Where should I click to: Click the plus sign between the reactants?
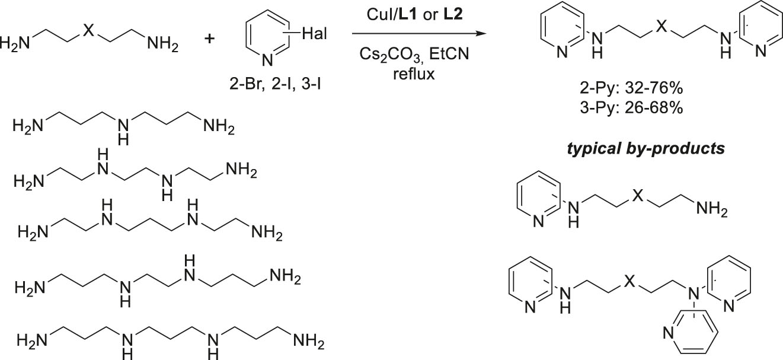pos(209,38)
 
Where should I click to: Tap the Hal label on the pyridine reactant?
pos(315,34)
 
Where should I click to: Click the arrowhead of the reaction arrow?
pos(482,34)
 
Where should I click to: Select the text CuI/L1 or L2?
pos(414,14)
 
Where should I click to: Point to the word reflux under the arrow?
pos(414,74)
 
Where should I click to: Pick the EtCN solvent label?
pos(449,54)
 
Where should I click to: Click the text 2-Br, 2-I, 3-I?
pos(275,84)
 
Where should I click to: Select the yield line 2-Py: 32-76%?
pos(631,88)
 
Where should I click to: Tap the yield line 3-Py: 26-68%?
pos(631,108)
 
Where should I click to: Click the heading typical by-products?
pos(646,148)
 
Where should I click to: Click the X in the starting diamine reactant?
pos(89,30)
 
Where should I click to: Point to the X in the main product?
pos(661,26)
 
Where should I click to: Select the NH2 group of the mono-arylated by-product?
pos(712,209)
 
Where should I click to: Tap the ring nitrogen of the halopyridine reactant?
pos(267,60)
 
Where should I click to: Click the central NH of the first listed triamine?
pos(123,132)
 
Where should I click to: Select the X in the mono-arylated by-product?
pos(638,195)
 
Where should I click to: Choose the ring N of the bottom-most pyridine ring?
pos(668,332)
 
